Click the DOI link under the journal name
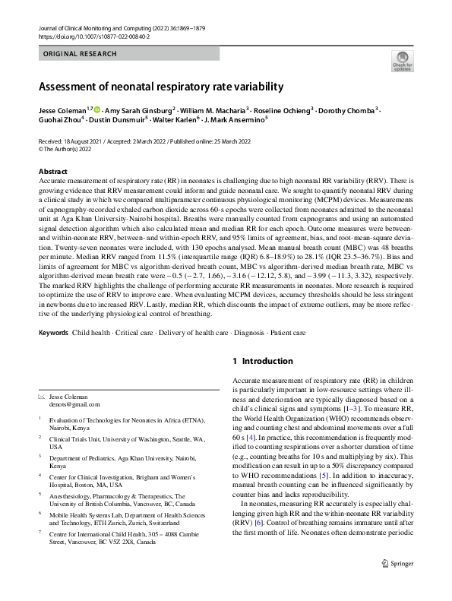pyautogui.click(x=90, y=36)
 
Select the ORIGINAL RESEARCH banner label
pyautogui.click(x=80, y=54)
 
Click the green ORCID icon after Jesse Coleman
pyautogui.click(x=96, y=110)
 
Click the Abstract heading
pyautogui.click(x=52, y=172)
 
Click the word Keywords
pyautogui.click(x=53, y=333)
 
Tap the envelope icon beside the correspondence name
pyautogui.click(x=42, y=397)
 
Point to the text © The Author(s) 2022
pyautogui.click(x=70, y=150)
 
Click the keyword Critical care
pyautogui.click(x=132, y=333)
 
